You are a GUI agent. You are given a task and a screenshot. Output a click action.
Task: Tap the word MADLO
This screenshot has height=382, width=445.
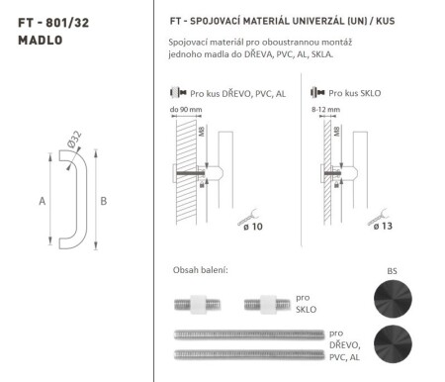pyautogui.click(x=38, y=41)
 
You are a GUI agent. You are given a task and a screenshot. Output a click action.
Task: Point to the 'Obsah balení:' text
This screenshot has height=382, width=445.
pyautogui.click(x=200, y=270)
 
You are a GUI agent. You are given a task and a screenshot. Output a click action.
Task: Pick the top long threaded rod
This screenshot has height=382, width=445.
pyautogui.click(x=247, y=335)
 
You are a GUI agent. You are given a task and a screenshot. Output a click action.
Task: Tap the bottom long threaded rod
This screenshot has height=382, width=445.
pyautogui.click(x=247, y=353)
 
